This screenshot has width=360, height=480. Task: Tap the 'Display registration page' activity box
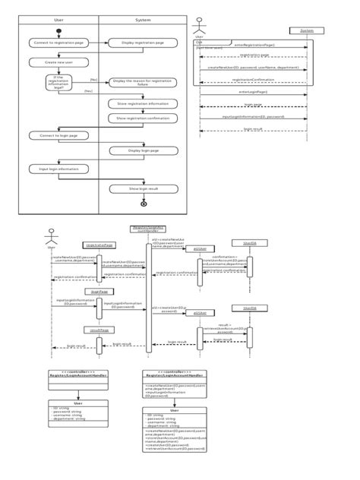(x=143, y=43)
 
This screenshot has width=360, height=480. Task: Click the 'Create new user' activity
(x=57, y=62)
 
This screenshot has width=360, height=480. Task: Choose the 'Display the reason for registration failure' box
(x=143, y=83)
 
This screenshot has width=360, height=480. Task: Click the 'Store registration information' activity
(x=143, y=103)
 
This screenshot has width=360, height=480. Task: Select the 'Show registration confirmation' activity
(x=143, y=118)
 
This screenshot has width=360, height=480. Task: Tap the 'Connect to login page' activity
(x=57, y=135)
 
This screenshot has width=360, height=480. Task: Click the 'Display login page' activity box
(x=143, y=151)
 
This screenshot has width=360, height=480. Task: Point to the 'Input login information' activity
(x=57, y=169)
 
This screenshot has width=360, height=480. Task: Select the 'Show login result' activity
(x=143, y=188)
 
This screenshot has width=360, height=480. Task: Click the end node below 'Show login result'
(x=143, y=204)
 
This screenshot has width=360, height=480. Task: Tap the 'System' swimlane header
(x=143, y=20)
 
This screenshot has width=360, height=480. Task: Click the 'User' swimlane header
(x=58, y=20)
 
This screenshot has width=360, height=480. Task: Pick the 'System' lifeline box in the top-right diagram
(x=307, y=30)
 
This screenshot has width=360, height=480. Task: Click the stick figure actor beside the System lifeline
(x=199, y=25)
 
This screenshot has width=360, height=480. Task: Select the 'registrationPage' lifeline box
(x=99, y=245)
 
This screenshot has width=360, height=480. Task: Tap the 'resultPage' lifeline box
(x=99, y=330)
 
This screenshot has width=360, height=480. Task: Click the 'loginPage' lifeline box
(x=99, y=291)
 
